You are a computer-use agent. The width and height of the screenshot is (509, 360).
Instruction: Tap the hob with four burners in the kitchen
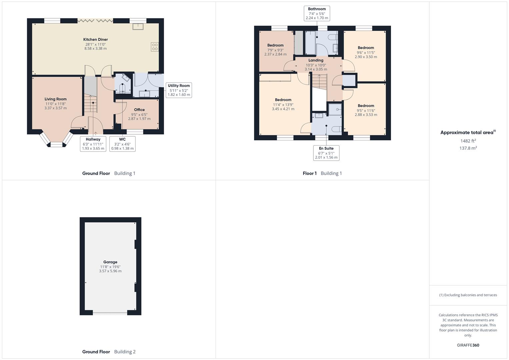(x=155, y=47)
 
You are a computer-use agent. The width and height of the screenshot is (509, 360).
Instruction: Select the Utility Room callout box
(x=179, y=90)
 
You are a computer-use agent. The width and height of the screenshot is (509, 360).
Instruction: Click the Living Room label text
(x=56, y=99)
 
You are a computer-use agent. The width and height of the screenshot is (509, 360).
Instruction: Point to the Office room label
(x=139, y=110)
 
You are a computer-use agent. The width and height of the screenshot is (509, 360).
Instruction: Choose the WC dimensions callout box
(x=122, y=144)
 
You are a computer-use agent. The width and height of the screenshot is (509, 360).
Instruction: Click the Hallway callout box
(x=93, y=144)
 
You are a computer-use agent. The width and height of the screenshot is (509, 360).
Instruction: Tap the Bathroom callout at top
(x=317, y=13)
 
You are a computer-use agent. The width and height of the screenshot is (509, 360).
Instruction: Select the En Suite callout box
(x=326, y=153)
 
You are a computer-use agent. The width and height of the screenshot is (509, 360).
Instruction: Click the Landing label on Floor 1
(x=316, y=60)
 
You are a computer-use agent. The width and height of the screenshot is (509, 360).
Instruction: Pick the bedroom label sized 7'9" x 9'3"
(x=275, y=45)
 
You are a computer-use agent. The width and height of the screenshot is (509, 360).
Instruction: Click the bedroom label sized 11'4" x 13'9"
(x=283, y=100)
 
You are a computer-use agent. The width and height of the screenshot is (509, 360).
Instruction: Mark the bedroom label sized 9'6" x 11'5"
(x=366, y=48)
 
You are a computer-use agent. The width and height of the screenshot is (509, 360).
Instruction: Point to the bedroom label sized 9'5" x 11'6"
(x=366, y=106)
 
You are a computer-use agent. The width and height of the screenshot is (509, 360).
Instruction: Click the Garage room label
(x=110, y=262)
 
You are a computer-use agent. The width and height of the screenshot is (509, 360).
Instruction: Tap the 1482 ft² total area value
(x=468, y=141)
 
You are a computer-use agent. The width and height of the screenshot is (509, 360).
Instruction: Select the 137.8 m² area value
(x=468, y=148)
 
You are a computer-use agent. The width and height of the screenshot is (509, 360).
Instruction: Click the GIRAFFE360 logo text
(x=468, y=345)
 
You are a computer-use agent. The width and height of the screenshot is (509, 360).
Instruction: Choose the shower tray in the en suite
(x=335, y=109)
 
